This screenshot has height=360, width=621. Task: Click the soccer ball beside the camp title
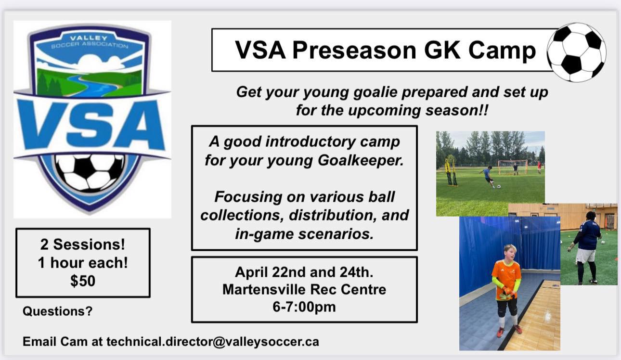tap(576, 52)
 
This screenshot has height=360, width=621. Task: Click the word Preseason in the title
tap(354, 50)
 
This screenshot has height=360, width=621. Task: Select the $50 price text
tap(83, 281)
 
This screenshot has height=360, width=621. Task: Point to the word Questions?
tap(58, 311)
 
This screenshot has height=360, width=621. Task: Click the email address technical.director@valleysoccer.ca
tap(213, 341)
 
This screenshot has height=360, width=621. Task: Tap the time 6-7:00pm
tap(304, 307)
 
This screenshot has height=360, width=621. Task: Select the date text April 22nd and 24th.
tap(304, 272)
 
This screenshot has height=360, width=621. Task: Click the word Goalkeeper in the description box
tap(361, 160)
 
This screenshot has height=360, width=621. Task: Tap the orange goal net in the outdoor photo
tap(513, 167)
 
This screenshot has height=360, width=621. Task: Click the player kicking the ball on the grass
tap(487, 177)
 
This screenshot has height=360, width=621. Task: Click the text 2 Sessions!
tap(83, 244)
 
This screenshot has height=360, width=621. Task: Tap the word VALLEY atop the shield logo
tap(89, 38)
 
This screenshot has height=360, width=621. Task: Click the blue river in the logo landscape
tap(93, 85)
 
